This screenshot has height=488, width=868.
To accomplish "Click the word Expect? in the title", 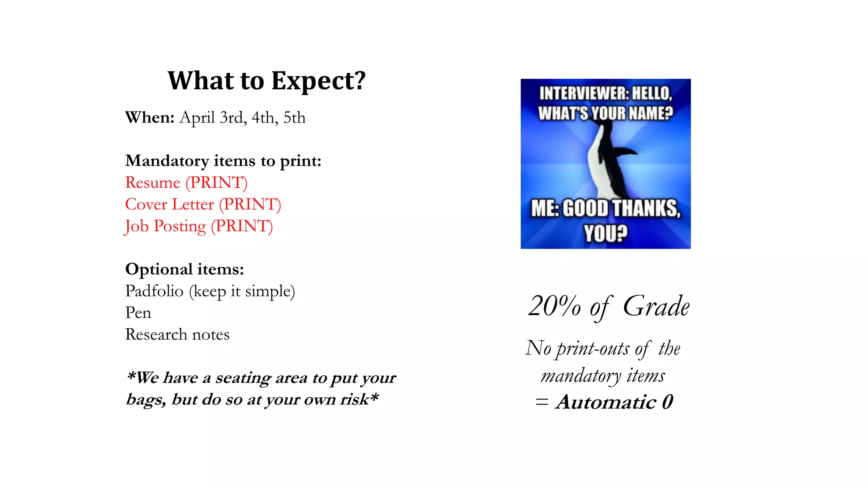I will point(318,80).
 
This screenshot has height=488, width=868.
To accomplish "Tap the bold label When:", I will point(150,117).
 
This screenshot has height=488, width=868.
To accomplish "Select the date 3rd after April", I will point(232,117).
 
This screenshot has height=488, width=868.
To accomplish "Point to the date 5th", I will point(294,117).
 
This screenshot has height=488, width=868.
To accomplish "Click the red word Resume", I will point(153,183).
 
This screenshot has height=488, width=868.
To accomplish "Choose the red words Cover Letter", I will point(170,205).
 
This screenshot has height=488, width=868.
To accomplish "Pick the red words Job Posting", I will point(165,226).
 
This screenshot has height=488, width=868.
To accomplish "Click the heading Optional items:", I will point(184,269).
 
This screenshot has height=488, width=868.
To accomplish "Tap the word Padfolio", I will point(154,291).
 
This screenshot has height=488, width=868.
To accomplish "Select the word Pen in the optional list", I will point(138,313).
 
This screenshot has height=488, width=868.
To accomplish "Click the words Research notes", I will point(177,335).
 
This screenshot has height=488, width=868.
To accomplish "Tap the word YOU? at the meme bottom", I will point(605,233).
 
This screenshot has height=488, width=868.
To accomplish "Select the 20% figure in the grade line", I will point(554,306).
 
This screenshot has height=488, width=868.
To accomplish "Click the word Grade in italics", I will point(656,306).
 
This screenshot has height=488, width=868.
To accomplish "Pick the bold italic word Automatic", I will point(606,402).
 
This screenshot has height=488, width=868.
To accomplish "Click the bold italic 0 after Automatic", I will point(668,402).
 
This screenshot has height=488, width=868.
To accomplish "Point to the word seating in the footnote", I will point(243,378).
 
